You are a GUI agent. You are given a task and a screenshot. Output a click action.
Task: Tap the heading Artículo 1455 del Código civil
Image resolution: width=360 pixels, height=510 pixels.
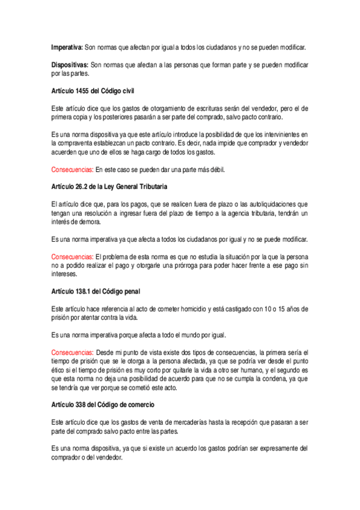(x=93, y=91)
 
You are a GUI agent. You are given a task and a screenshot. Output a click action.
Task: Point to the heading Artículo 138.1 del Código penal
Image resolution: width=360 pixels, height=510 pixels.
(x=96, y=292)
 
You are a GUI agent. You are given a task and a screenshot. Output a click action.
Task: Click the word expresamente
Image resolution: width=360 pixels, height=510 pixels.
(x=270, y=448)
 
